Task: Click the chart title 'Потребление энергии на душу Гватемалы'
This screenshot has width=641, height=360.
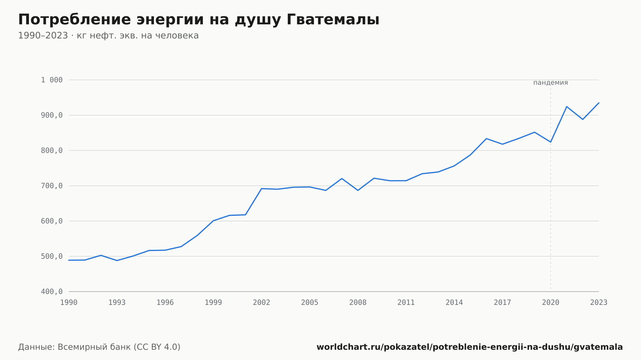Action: coord(199,20)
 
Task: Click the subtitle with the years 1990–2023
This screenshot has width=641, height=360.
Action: coord(108,36)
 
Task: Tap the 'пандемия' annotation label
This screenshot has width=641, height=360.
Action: coord(550,83)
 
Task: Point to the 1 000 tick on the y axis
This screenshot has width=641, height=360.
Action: coord(52,80)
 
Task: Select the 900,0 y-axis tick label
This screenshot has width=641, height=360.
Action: coord(52,115)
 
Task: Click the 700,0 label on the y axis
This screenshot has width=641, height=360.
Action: coord(52,186)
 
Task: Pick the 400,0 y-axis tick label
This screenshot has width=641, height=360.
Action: coord(52,291)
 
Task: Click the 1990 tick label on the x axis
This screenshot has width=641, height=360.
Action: coord(69,302)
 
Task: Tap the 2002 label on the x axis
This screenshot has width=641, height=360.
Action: coord(262,302)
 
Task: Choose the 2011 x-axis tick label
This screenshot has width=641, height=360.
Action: coord(406,302)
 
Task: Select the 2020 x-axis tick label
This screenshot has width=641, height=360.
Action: coord(551,302)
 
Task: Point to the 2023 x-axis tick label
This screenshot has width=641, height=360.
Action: coord(599,302)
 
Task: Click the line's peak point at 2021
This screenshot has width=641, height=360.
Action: coord(567,106)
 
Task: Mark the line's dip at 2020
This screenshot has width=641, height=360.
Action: coord(551,142)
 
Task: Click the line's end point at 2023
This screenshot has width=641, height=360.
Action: coord(599,103)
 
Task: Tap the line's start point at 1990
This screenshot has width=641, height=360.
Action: coord(69,260)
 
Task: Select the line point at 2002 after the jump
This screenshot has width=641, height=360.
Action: coord(262,189)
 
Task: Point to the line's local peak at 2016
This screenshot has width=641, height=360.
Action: coord(486,139)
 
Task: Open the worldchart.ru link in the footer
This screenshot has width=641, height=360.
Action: coord(470,347)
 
